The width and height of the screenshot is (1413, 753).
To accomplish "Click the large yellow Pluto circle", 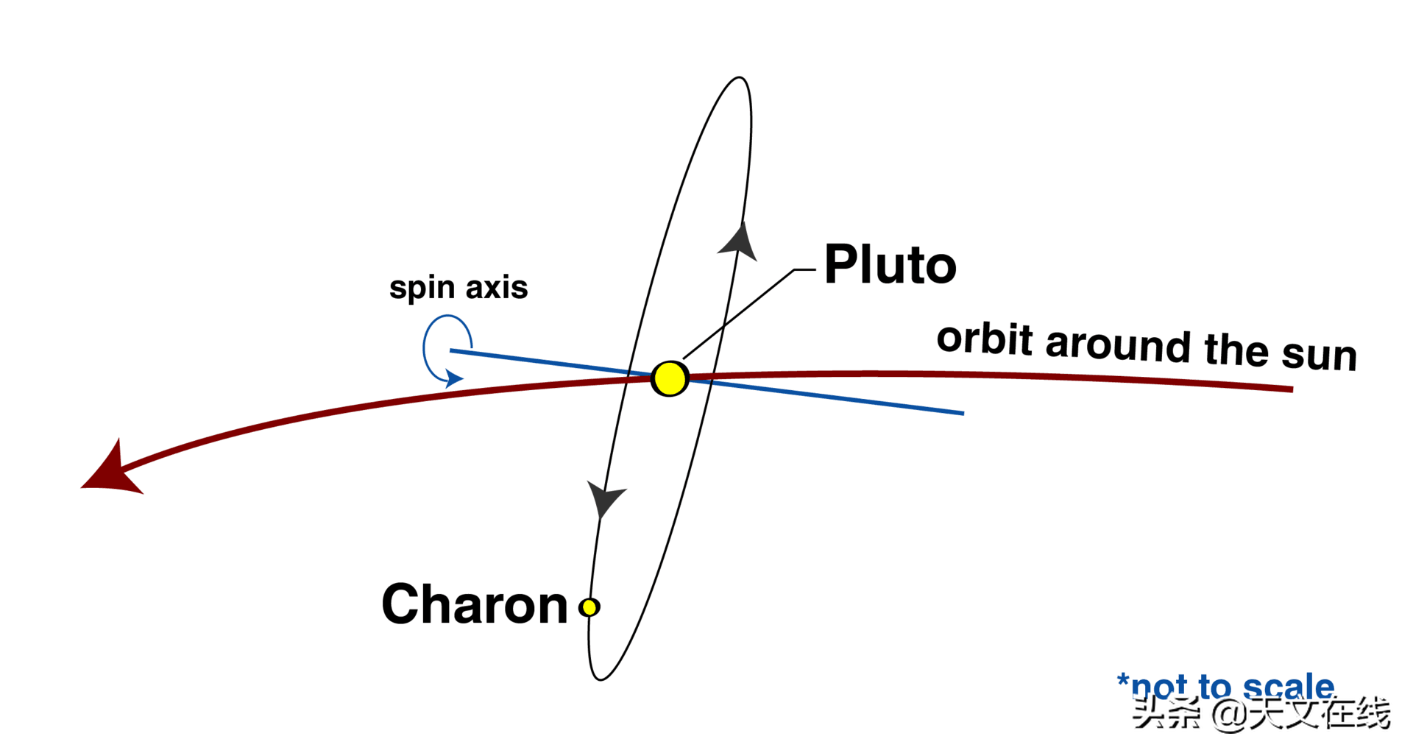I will (670, 378).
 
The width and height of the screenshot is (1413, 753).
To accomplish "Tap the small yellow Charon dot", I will (589, 607).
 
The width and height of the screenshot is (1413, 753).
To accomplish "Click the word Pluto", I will (890, 265).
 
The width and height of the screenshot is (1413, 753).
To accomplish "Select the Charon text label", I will (475, 605).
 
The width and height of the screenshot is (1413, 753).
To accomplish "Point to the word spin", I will (422, 288).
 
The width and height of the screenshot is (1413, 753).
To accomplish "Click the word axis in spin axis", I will (497, 288).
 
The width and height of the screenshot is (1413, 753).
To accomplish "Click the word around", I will (1117, 344).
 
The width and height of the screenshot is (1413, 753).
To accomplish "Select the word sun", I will (1319, 355).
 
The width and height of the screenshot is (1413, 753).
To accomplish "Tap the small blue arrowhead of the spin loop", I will (454, 379).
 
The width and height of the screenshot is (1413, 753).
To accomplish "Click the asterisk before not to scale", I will (1123, 679).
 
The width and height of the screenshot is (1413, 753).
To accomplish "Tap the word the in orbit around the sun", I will (1236, 349).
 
